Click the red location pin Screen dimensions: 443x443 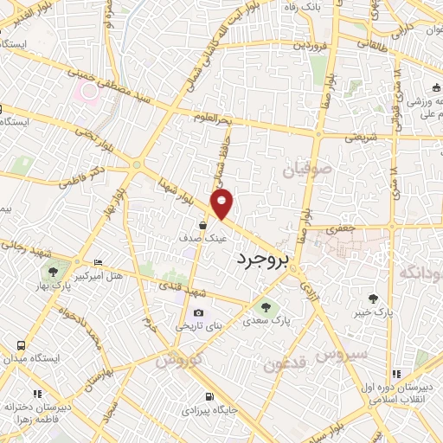click(223, 204)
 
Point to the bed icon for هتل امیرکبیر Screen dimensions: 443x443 click(97, 262)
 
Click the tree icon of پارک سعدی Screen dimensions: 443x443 click(266, 306)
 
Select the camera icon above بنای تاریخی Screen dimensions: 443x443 click(198, 313)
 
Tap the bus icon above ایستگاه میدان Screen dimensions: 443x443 click(20, 344)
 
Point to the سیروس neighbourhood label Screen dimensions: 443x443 click(342, 354)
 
